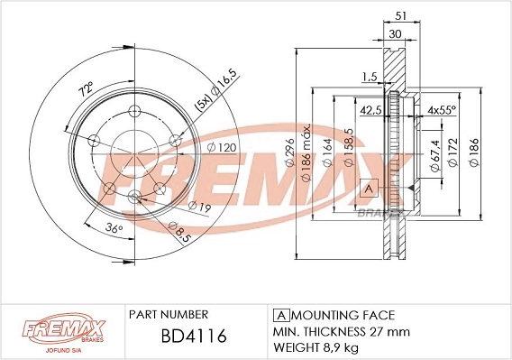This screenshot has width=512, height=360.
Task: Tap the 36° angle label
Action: pyautogui.click(x=113, y=229)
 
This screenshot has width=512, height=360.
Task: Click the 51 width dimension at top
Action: pyautogui.click(x=399, y=14)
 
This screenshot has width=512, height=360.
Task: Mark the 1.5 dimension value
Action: pyautogui.click(x=368, y=78)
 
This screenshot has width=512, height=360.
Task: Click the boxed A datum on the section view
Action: pyautogui.click(x=368, y=188)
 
